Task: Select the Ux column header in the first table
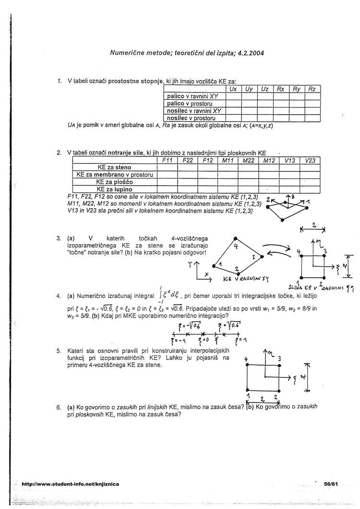click(233, 89)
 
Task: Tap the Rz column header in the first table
click(312, 89)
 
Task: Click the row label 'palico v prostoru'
click(190, 103)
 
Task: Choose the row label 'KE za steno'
click(114, 167)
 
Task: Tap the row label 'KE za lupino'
click(114, 189)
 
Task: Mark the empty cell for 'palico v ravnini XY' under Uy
click(249, 96)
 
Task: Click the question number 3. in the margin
click(59, 238)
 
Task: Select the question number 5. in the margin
click(59, 351)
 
